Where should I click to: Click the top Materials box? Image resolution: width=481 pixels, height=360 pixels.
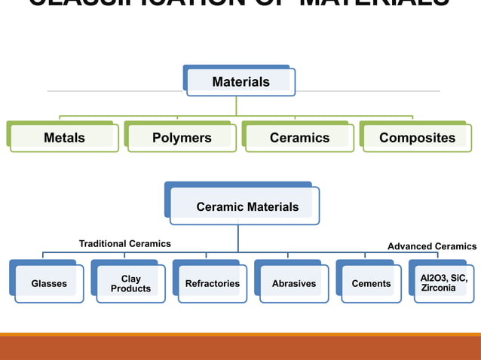pos(240,82)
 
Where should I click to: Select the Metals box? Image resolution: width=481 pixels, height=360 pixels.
pos(64,138)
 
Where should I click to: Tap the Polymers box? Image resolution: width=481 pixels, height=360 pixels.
pos(182,138)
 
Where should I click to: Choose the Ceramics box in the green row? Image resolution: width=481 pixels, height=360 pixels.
pos(299,138)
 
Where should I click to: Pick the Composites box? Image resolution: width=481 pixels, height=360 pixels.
pos(417,138)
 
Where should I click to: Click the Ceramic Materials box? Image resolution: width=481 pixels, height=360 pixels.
pos(247,206)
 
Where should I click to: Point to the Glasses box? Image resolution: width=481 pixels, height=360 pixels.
pos(49,284)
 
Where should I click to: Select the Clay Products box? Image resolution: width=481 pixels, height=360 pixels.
pos(130,284)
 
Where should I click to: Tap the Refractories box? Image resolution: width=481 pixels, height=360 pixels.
pos(212,284)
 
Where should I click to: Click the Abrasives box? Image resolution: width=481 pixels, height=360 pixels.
pos(294,284)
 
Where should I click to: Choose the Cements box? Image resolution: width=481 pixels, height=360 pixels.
pos(371,284)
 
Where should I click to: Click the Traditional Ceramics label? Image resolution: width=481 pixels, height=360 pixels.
pos(125,244)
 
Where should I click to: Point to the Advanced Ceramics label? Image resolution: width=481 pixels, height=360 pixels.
pos(432,246)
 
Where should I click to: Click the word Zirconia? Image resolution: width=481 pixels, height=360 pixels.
pos(438,288)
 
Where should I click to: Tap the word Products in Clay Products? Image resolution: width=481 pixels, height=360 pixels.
pos(130,289)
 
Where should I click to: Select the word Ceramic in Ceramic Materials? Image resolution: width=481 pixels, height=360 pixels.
pos(219,206)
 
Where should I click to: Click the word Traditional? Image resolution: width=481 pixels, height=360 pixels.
pos(103,244)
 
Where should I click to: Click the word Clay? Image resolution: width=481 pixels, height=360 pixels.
pos(130,279)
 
